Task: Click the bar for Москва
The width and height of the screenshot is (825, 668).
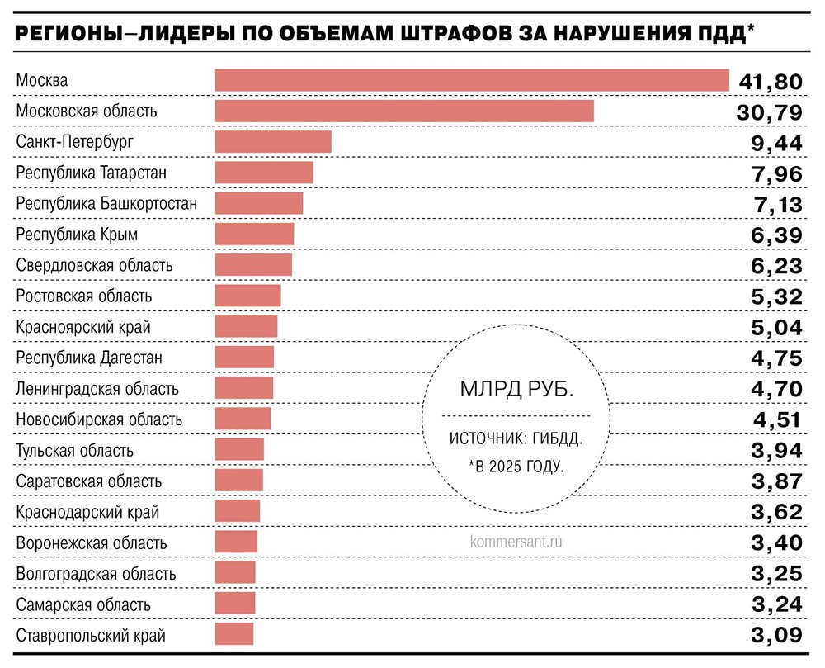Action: tap(472, 80)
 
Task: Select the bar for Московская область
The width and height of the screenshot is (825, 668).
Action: tap(404, 111)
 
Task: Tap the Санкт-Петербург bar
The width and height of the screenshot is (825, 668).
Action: tap(273, 142)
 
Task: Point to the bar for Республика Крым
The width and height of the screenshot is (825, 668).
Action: tap(254, 235)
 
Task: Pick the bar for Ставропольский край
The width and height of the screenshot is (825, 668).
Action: tap(234, 635)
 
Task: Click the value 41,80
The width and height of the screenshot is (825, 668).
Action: tap(769, 81)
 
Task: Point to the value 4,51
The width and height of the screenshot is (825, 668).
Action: tap(777, 420)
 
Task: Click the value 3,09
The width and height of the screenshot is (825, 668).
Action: tap(776, 636)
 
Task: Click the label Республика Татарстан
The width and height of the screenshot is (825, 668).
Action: tap(92, 173)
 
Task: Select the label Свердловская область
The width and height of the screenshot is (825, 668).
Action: tap(95, 265)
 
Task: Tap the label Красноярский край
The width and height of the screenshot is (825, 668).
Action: tap(83, 327)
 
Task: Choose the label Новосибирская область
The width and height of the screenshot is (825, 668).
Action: tap(99, 419)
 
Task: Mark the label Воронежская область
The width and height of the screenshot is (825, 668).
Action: tap(92, 543)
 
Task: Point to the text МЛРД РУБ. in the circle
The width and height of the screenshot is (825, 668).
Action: tap(516, 389)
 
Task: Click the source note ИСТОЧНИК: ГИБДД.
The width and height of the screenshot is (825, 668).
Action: tap(516, 438)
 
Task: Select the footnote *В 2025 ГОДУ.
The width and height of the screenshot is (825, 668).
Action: tap(516, 467)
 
